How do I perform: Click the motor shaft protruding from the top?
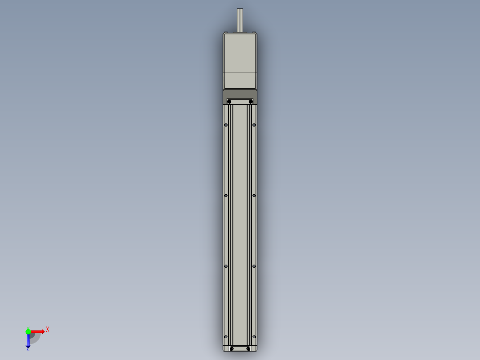(x=240, y=20)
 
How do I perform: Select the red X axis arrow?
(x=38, y=331)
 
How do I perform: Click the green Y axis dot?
(x=28, y=331)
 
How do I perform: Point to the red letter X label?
(x=48, y=329)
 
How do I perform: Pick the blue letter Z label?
(x=28, y=350)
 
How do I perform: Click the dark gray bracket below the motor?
(x=240, y=94)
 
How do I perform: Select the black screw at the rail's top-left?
(x=229, y=102)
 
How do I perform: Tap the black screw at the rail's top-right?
(x=251, y=102)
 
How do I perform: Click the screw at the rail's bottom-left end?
(x=232, y=348)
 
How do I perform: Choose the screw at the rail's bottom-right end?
(x=248, y=348)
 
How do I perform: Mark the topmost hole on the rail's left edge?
(x=226, y=125)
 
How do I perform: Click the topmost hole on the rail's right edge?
(x=254, y=125)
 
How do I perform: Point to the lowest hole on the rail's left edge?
(x=226, y=336)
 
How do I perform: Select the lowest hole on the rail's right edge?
(x=254, y=336)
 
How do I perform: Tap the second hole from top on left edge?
(x=226, y=196)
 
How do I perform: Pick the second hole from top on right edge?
(x=254, y=196)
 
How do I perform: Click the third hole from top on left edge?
(x=226, y=266)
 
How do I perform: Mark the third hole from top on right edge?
(x=254, y=266)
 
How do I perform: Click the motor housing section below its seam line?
(x=240, y=80)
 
